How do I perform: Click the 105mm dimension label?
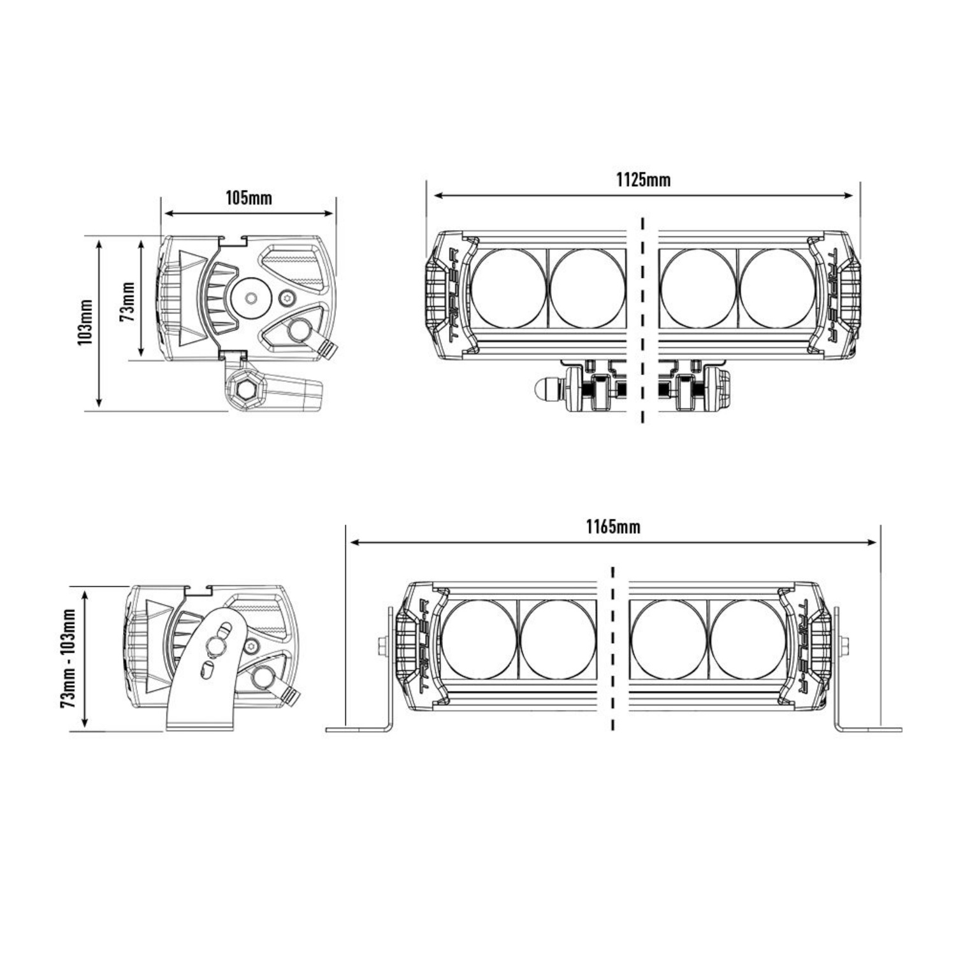[x=249, y=198]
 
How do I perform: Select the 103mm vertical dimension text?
[x=85, y=322]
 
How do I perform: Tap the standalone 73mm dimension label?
[x=128, y=301]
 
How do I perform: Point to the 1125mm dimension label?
[x=643, y=180]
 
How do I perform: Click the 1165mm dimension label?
[x=613, y=527]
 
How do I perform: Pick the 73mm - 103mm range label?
[x=68, y=658]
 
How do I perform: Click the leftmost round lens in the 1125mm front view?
[x=509, y=288]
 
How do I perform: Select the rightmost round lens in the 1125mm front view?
[x=777, y=288]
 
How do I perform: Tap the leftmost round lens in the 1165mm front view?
[x=479, y=639]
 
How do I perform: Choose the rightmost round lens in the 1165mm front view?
[x=746, y=639]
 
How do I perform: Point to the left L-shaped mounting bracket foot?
[x=360, y=728]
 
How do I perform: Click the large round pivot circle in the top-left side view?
[x=251, y=298]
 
